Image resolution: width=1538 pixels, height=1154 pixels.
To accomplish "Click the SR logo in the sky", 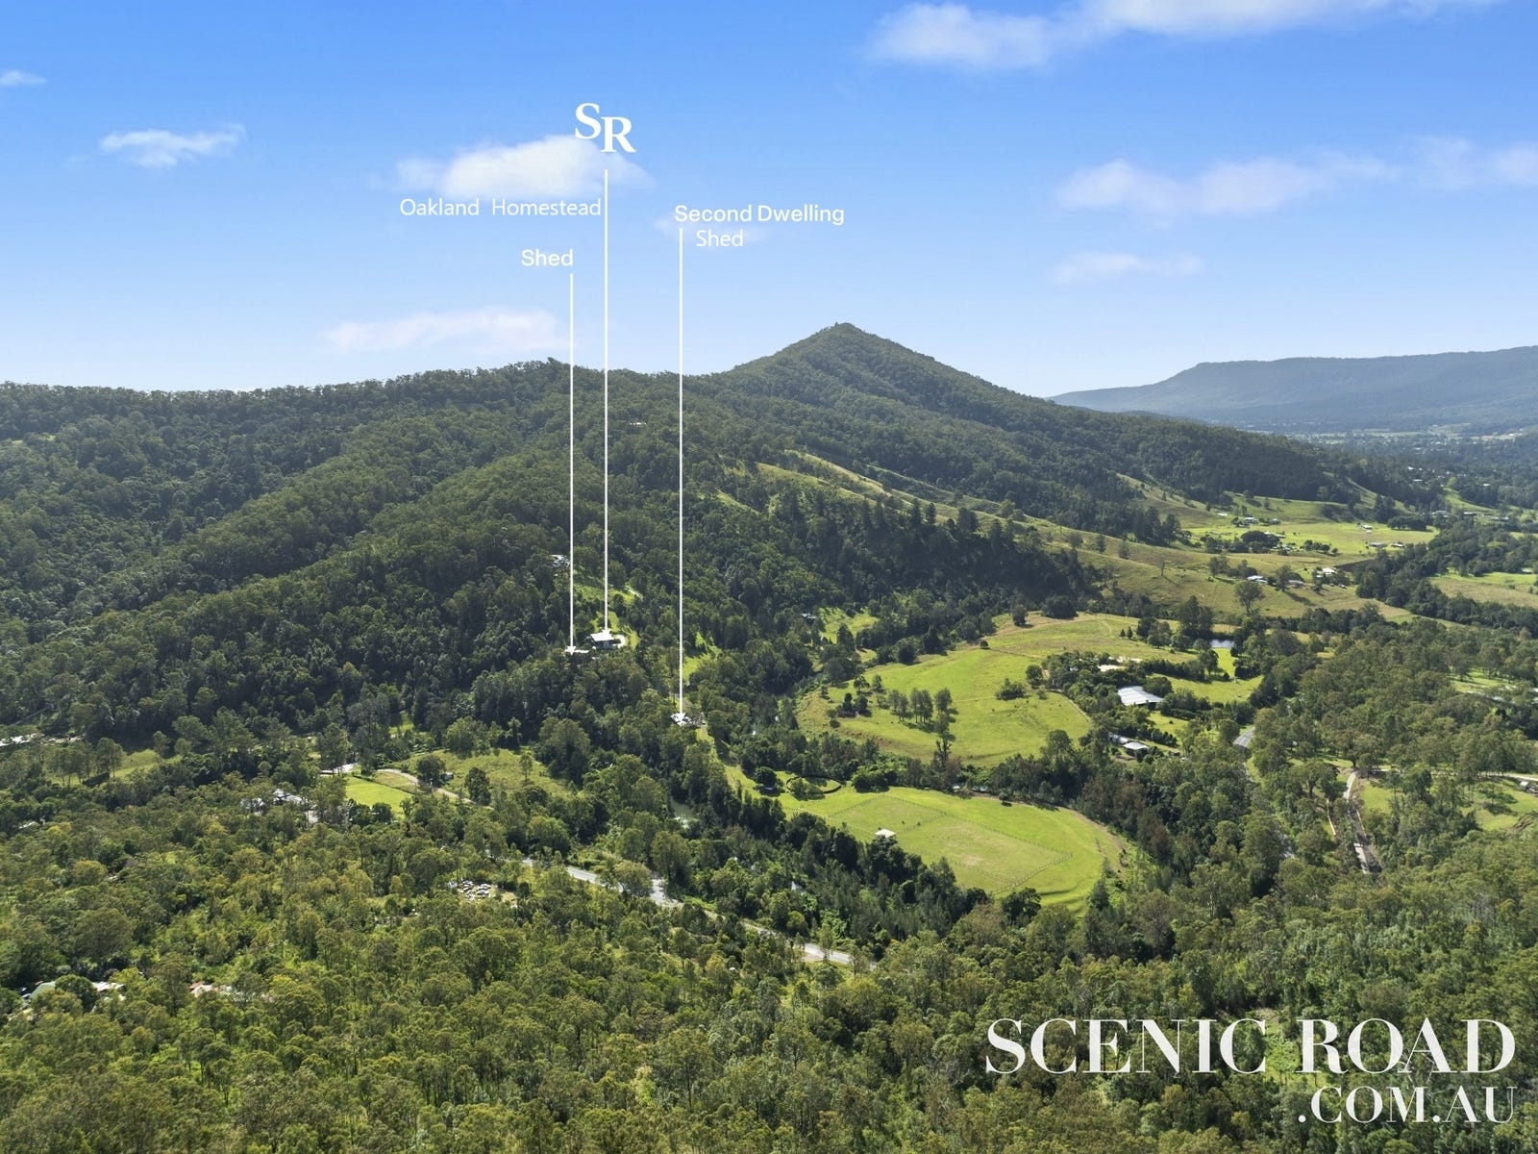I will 605,127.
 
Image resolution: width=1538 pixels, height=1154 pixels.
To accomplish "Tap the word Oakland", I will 439,208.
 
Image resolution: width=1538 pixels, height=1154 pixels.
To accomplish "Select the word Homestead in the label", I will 546,208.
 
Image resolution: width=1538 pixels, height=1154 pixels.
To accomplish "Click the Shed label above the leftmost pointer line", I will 547,258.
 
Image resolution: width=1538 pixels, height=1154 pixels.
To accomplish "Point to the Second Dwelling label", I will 758,213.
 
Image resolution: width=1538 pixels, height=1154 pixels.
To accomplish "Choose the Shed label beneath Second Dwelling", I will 719,238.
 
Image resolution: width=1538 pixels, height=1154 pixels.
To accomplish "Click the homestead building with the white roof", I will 604,639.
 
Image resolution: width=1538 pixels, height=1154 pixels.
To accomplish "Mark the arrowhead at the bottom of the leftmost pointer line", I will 573,650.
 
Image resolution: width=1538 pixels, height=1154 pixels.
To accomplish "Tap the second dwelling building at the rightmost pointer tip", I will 683,718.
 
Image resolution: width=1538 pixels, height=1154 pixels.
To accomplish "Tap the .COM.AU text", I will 1407,1104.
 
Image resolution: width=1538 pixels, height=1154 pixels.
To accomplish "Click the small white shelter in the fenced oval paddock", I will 885,834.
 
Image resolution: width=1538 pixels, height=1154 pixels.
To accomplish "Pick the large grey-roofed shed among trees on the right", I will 1140,695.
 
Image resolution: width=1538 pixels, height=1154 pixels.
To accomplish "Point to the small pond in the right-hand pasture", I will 1222,642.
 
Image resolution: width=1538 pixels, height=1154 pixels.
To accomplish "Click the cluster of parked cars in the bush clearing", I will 472,890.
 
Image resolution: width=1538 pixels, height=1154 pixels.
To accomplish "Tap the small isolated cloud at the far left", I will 19,79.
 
